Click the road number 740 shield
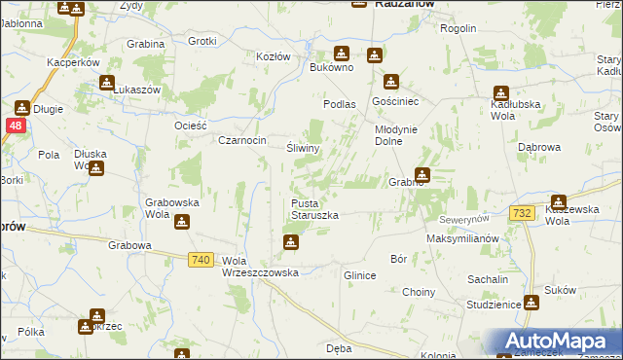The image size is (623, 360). [x=202, y=259]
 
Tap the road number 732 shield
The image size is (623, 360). [x=521, y=213]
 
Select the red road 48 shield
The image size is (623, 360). [x=15, y=126]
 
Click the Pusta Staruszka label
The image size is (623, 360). [x=314, y=208]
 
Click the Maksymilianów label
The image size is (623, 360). [x=462, y=238]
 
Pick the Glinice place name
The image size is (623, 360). [x=359, y=275]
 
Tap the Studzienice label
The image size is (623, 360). [x=493, y=305]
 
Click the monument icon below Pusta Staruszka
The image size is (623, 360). [x=290, y=241]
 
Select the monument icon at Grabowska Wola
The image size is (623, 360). [x=181, y=223]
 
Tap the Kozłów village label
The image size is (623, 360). [x=274, y=56]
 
